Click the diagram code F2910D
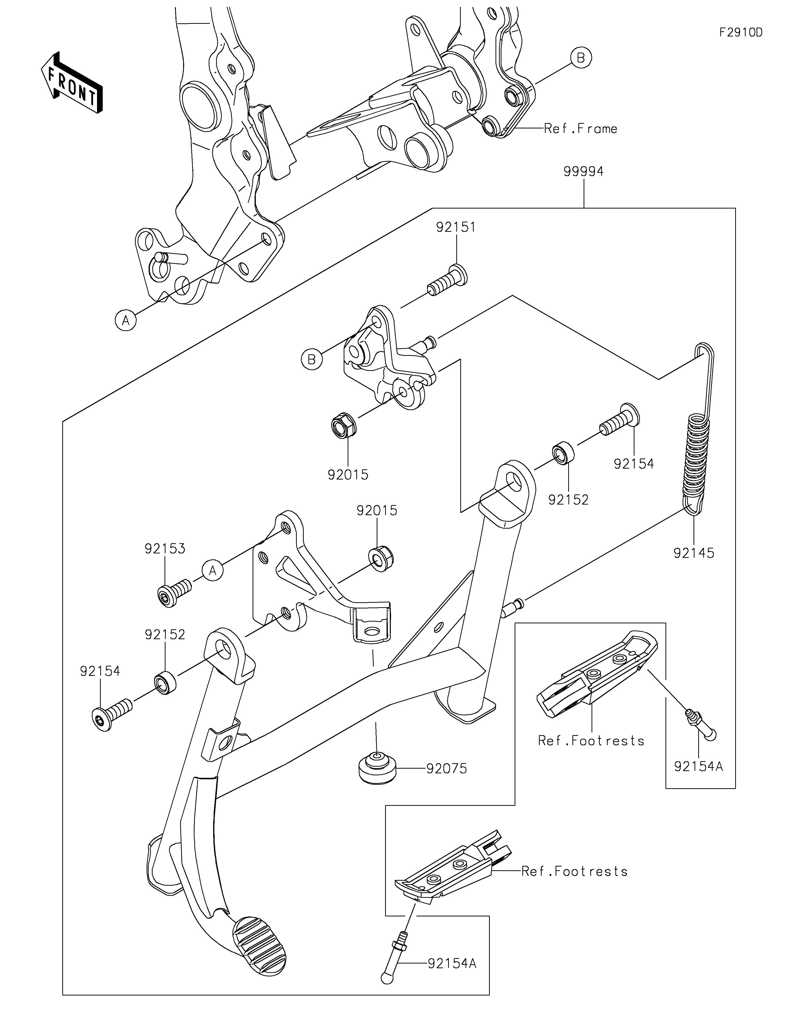[741, 32]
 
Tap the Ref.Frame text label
[580, 129]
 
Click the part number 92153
[165, 549]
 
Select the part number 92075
[447, 769]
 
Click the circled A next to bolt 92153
[213, 570]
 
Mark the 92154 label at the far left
[100, 672]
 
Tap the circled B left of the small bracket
[312, 360]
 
